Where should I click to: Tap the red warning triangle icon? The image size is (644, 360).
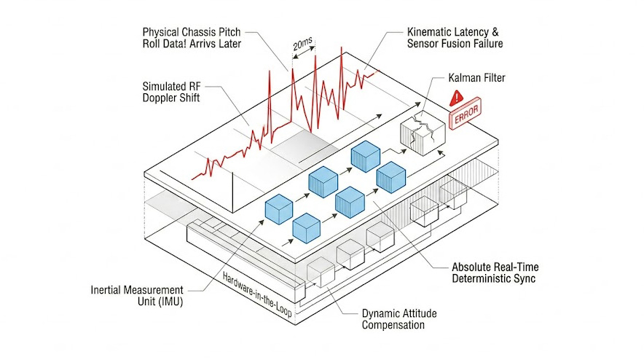click(x=458, y=96)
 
